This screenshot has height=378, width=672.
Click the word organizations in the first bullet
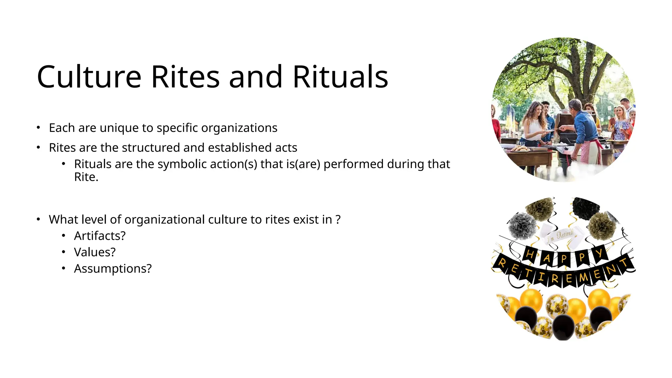click(239, 128)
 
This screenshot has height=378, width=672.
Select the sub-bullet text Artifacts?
click(100, 236)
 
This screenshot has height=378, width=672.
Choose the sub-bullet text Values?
click(95, 252)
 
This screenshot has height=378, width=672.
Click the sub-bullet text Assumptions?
click(113, 268)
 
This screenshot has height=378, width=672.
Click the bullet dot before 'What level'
click(38, 219)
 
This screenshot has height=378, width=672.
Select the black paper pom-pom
click(586, 208)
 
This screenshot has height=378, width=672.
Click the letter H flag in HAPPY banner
click(530, 254)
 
